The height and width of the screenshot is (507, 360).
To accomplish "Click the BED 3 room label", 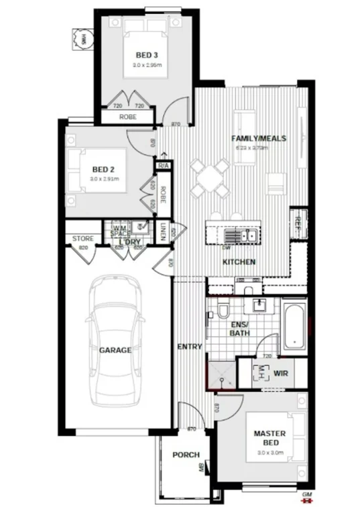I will [146, 55].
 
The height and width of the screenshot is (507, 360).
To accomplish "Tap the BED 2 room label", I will [105, 170].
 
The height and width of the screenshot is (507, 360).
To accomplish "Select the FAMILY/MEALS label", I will [259, 139].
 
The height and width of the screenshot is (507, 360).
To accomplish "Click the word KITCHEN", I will [239, 262].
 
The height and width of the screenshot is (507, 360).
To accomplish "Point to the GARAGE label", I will [115, 350].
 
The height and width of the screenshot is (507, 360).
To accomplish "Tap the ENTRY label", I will [190, 347].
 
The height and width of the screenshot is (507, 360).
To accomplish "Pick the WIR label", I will [281, 372].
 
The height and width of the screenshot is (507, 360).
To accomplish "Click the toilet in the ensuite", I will [223, 310].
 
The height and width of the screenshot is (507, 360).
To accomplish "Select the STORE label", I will [82, 238].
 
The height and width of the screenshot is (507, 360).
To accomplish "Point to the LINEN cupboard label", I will [164, 233].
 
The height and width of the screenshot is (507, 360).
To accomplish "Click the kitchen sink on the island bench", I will [238, 235].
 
